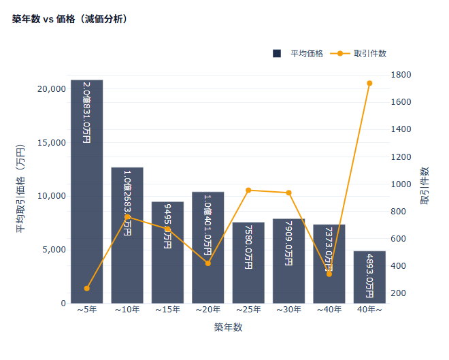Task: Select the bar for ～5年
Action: click(87, 204)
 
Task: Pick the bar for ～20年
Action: click(208, 272)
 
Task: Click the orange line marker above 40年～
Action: click(369, 83)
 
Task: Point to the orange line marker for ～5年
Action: click(87, 289)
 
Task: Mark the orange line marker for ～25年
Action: click(248, 191)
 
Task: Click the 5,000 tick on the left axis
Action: click(54, 250)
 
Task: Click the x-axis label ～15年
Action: click(167, 310)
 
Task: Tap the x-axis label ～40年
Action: click(329, 310)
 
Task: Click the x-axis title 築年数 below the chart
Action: click(228, 327)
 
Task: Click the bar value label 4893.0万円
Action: click(369, 276)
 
